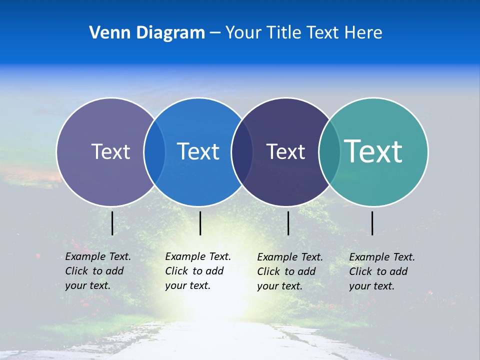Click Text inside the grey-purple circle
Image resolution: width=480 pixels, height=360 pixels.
tap(110, 151)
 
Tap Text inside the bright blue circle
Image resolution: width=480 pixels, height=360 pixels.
tap(198, 151)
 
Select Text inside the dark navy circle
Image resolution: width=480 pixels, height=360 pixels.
tap(285, 151)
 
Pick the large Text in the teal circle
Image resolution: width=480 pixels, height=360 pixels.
tap(373, 151)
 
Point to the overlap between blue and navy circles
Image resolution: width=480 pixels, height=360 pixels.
tap(242, 151)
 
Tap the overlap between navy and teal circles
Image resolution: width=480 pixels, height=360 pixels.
tap(329, 151)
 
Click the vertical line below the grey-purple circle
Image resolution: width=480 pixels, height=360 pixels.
tap(112, 223)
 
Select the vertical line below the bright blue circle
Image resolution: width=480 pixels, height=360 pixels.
tap(200, 223)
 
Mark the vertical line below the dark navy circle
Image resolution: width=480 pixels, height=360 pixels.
tap(288, 223)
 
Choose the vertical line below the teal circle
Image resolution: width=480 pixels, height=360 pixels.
tap(372, 223)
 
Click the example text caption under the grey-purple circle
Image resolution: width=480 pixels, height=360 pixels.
tap(97, 271)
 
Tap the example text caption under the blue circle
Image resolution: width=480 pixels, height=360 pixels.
tap(197, 271)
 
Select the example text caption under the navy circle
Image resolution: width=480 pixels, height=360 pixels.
tap(289, 271)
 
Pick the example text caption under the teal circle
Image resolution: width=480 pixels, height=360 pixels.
tap(381, 271)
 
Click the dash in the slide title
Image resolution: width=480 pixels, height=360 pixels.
tap(215, 33)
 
